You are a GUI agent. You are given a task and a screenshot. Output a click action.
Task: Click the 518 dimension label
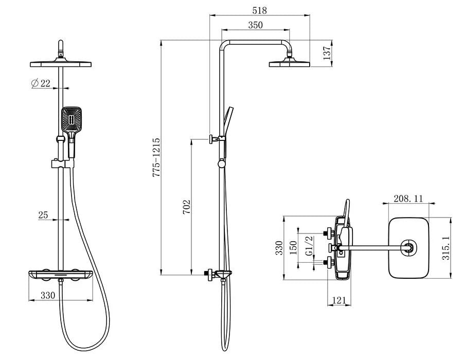(260, 11)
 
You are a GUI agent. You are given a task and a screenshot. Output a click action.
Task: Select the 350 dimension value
(255, 25)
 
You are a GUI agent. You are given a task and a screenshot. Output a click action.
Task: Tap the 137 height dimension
(328, 53)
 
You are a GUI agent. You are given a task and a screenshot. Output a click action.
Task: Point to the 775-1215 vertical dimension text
(156, 157)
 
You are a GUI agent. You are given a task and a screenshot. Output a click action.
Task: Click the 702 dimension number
(186, 207)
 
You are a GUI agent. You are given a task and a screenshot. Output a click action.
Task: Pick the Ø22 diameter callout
(41, 83)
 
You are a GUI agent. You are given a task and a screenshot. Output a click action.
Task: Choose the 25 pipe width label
(43, 215)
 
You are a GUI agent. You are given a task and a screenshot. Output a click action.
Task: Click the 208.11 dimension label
(408, 199)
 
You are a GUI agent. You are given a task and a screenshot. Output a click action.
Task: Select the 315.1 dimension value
(446, 247)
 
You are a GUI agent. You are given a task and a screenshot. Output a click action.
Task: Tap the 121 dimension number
(339, 300)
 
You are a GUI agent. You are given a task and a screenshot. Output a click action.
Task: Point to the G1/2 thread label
(309, 246)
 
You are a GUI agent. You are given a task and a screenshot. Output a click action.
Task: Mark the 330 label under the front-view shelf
(48, 295)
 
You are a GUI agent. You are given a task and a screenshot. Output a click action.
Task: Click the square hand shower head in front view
(71, 119)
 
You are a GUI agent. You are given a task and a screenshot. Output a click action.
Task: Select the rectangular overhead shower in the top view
(408, 248)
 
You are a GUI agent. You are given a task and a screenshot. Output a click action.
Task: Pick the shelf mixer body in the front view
(61, 275)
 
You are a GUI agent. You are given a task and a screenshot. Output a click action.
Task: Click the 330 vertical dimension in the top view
(279, 248)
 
